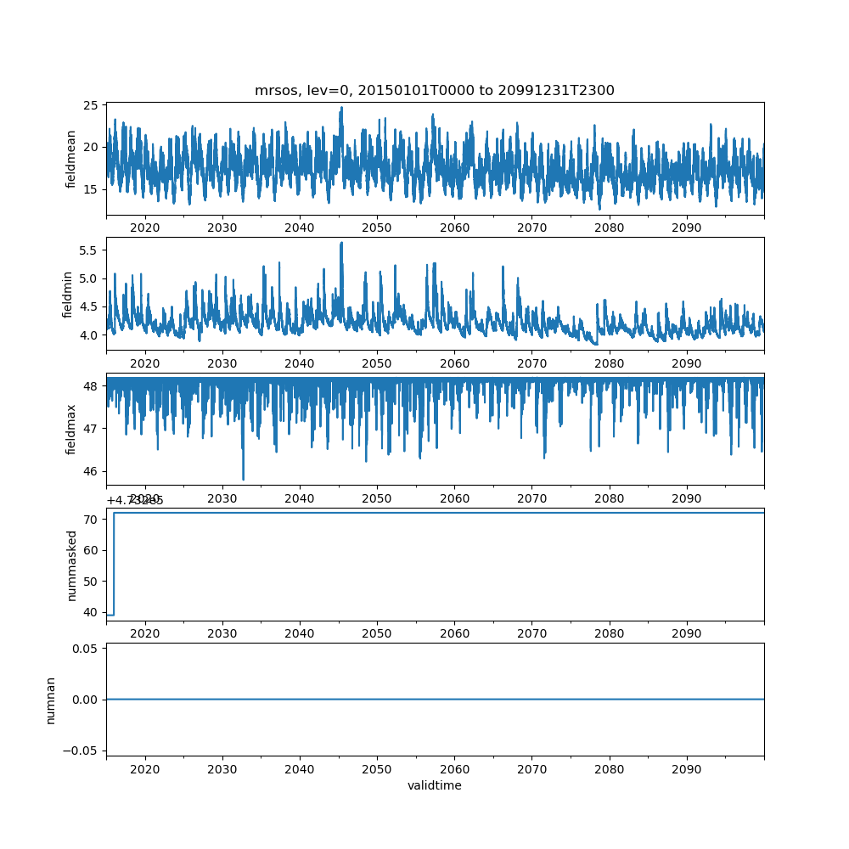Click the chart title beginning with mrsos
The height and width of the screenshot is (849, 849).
[x=434, y=90]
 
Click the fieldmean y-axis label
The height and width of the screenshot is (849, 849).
[x=71, y=159]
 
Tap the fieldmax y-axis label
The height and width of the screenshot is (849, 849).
[x=71, y=429]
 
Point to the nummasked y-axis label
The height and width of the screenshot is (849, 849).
[x=71, y=565]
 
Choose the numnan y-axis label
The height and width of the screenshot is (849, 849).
[x=51, y=700]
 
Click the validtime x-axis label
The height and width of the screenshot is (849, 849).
[x=434, y=786]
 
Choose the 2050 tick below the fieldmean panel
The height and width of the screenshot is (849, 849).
[x=376, y=228]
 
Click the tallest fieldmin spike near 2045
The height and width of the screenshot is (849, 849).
[x=341, y=244]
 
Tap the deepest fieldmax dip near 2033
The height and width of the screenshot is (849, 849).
[x=243, y=479]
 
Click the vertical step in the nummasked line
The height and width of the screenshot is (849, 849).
[x=114, y=564]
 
